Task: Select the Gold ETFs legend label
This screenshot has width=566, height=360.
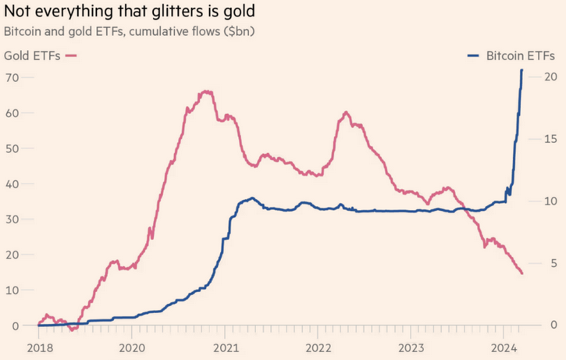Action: tap(32, 55)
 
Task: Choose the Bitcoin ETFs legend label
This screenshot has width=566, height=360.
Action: tap(521, 55)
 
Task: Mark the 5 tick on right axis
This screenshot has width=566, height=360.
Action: tap(553, 263)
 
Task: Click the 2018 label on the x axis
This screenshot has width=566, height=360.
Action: tap(38, 347)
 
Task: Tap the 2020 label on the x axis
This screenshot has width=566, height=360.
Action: tap(131, 347)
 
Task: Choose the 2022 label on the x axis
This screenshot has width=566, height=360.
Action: tap(319, 347)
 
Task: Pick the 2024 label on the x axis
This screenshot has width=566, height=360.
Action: tap(505, 347)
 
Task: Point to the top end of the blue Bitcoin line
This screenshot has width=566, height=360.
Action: tap(522, 70)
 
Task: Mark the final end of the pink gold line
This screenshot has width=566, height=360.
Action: tap(522, 273)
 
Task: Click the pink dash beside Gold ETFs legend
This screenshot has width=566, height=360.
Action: tap(72, 55)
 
